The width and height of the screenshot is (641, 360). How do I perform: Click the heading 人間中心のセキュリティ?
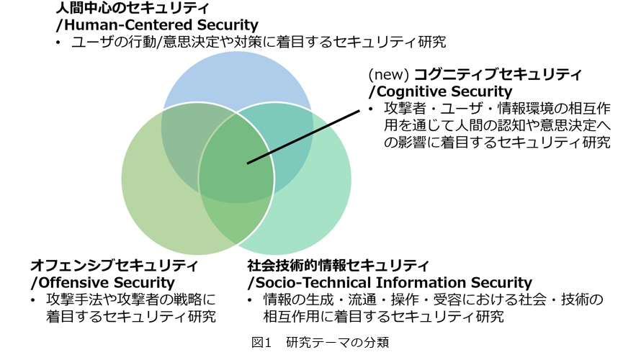click(133, 7)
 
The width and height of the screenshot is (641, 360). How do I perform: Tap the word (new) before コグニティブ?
click(389, 74)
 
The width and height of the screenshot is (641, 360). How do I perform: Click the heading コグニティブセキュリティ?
click(498, 74)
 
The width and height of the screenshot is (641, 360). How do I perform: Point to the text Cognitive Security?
click(444, 91)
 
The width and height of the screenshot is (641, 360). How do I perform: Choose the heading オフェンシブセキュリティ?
click(114, 266)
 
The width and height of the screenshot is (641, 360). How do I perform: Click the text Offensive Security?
click(107, 283)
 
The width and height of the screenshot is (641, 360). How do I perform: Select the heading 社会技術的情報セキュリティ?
click(339, 266)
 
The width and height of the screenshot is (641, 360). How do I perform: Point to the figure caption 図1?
click(261, 343)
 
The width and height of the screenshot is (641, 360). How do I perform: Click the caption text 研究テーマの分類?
click(338, 343)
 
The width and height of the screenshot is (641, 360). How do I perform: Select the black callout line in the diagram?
click(303, 137)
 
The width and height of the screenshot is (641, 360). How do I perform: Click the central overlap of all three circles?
click(237, 163)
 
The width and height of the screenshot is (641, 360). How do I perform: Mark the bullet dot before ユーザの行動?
click(59, 42)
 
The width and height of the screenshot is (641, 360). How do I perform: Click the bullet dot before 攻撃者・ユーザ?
click(371, 109)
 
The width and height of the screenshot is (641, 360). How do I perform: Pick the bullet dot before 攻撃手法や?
click(33, 300)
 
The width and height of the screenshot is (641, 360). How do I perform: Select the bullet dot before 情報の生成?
click(250, 300)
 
